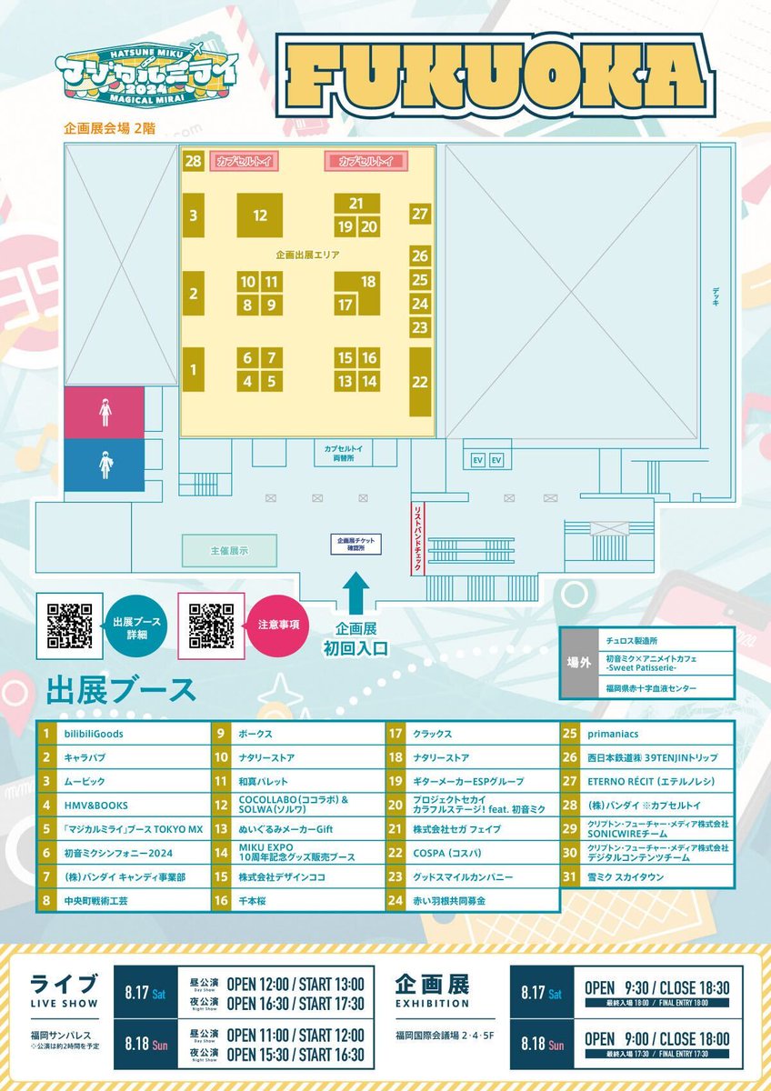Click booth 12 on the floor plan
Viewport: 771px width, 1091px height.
point(260,215)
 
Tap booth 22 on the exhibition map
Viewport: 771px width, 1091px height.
point(419,382)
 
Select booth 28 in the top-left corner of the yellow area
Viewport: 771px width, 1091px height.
point(192,161)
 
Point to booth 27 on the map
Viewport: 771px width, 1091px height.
point(419,215)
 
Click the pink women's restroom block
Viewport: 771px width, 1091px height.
point(105,412)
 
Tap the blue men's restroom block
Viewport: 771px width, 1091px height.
point(105,465)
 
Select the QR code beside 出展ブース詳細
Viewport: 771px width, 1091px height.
point(70,626)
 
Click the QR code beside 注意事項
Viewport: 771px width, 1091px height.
point(212,626)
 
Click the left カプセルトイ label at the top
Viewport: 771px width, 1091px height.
point(244,161)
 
